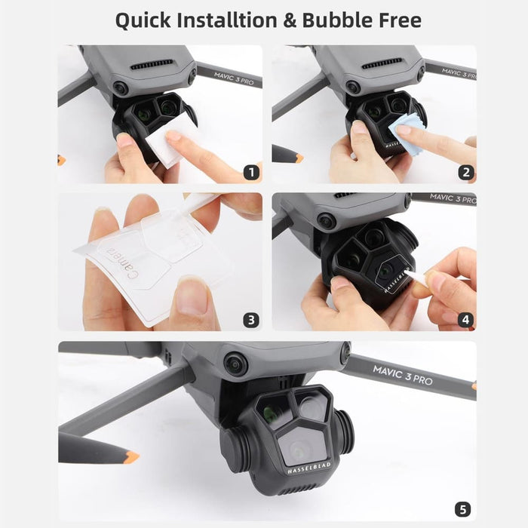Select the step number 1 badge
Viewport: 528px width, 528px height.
251,172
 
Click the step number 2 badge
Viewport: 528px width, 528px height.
465,172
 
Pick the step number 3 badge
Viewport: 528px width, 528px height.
251,320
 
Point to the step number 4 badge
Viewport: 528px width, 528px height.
465,320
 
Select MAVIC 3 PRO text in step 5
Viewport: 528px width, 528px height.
404,375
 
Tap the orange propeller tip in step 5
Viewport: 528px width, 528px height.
131,456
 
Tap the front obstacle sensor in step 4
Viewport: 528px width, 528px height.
326,222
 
